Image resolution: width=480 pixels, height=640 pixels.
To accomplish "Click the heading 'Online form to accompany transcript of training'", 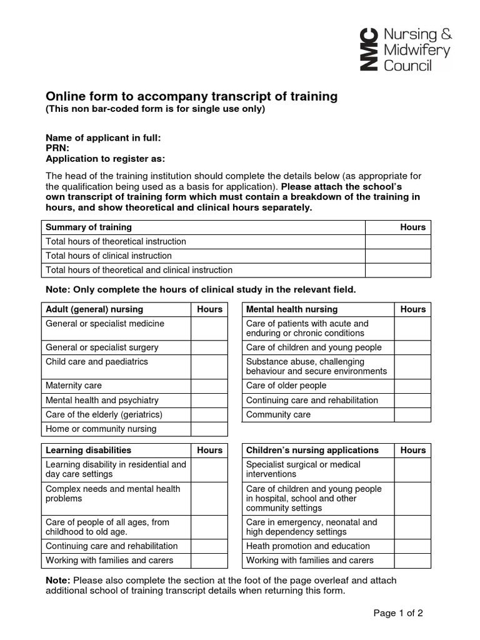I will point(192,96).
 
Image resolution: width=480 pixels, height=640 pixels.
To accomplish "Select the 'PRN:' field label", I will point(57,148).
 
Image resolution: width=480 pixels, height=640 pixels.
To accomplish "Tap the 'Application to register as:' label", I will point(106,158).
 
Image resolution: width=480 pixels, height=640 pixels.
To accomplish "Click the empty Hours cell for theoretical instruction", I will point(398,241).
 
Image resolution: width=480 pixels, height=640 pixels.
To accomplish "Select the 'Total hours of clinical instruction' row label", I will point(109,256).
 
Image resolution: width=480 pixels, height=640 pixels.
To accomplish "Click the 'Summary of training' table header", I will point(89,227).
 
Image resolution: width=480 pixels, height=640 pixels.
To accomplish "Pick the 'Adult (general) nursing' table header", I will point(94,309).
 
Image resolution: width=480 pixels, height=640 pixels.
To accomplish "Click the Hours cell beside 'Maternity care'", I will point(209,386).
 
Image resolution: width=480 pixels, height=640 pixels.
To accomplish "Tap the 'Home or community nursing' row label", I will point(101,429).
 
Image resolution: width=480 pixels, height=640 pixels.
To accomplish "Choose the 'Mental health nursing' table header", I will point(292,309).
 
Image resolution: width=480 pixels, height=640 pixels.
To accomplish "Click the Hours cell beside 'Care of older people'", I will point(412,386).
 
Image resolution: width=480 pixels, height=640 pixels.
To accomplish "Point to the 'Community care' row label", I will point(278,414).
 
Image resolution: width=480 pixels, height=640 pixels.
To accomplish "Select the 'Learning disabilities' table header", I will point(89,450).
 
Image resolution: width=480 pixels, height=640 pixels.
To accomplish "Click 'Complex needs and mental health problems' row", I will point(113,494).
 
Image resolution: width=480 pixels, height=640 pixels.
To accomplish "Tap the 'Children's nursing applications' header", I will point(312,450).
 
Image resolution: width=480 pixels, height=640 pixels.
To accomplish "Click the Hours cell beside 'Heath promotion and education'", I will point(412,546).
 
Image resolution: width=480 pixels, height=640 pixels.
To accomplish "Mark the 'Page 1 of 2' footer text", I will point(398,613).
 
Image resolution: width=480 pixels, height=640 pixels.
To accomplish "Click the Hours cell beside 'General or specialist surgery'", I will point(209,347).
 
